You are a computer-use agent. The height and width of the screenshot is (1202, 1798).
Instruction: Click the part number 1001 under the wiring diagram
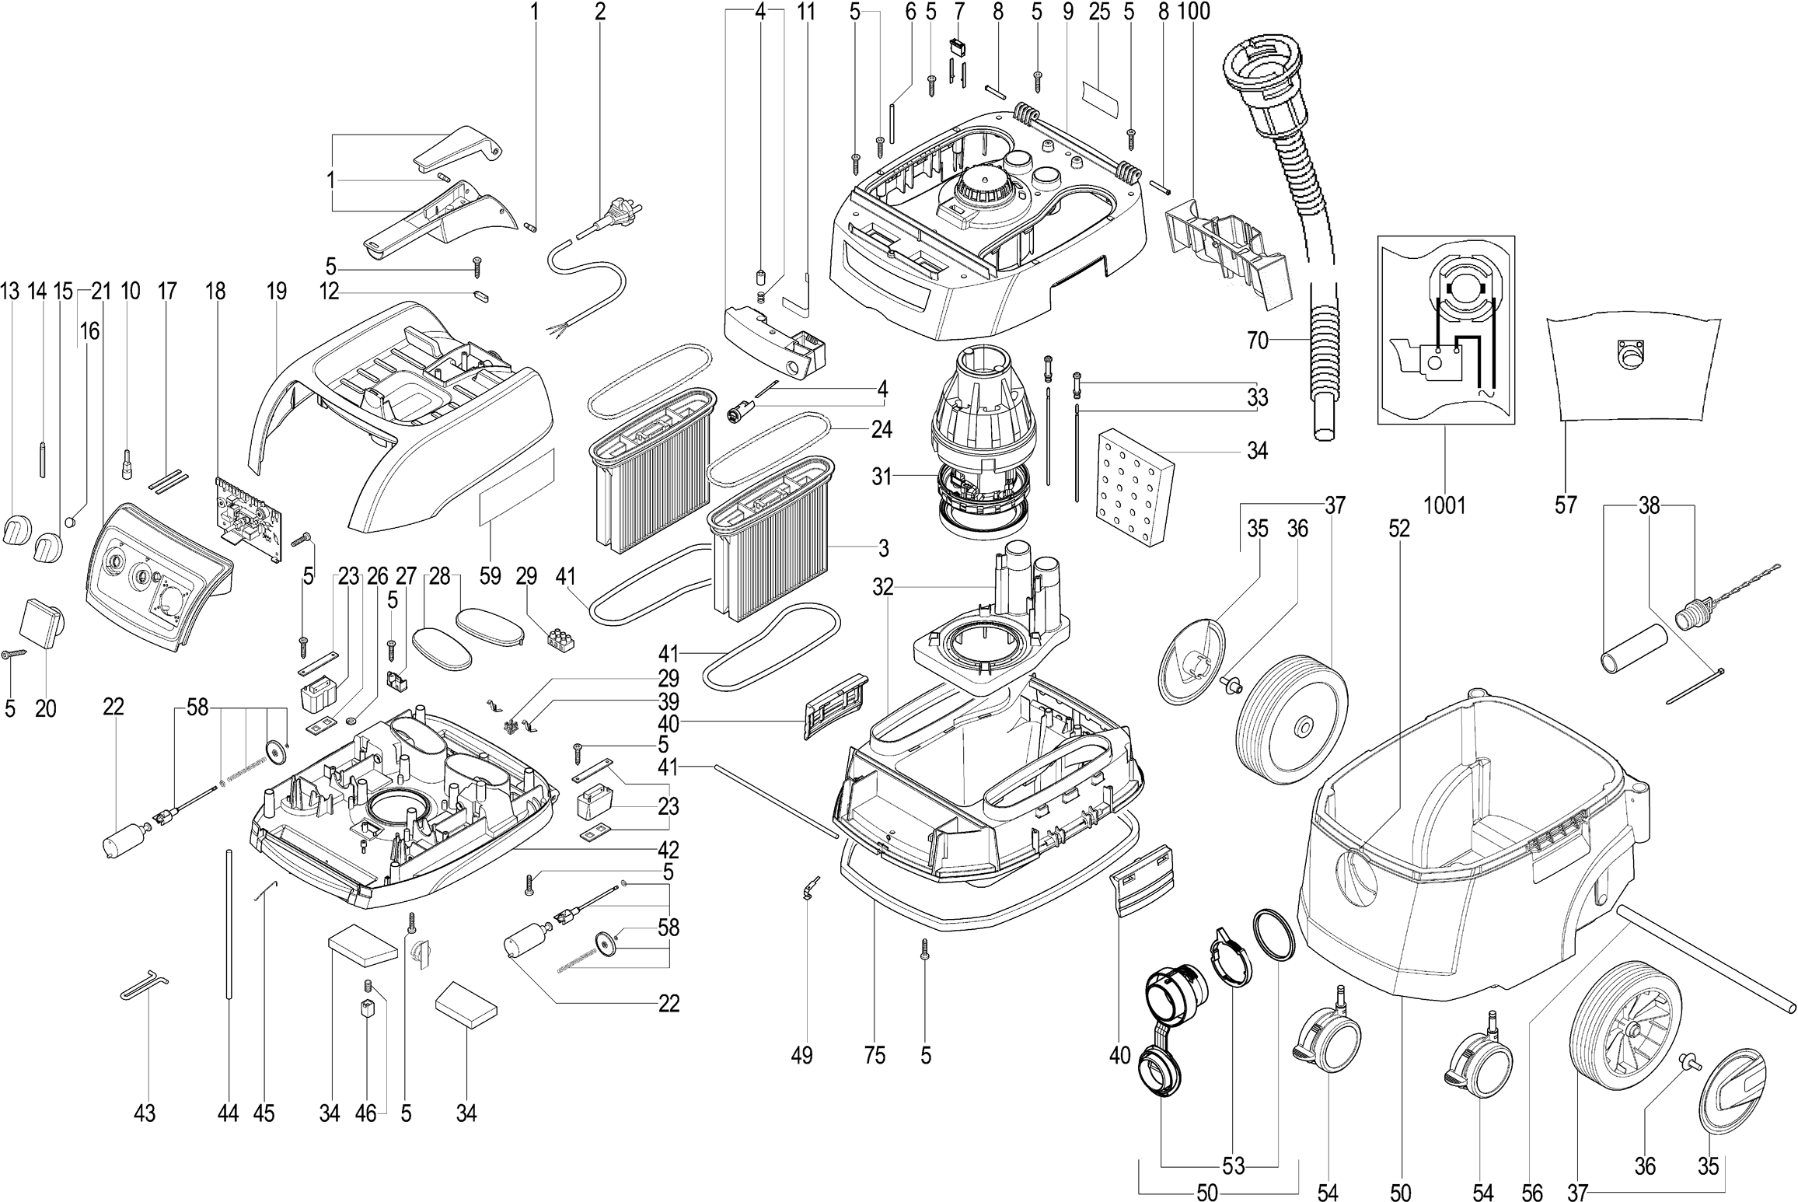coord(1444,505)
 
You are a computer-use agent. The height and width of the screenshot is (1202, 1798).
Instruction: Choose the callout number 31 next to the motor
coord(881,476)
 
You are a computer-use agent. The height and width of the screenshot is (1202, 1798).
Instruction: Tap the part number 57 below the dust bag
coord(1566,505)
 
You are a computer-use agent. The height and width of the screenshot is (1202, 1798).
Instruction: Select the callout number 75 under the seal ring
coord(875,1055)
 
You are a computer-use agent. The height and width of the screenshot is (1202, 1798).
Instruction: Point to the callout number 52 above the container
coord(1398,529)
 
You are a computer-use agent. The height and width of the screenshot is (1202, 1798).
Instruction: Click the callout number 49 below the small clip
coord(801,1055)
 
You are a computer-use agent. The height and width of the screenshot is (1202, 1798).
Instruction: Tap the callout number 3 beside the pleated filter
coord(883,548)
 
